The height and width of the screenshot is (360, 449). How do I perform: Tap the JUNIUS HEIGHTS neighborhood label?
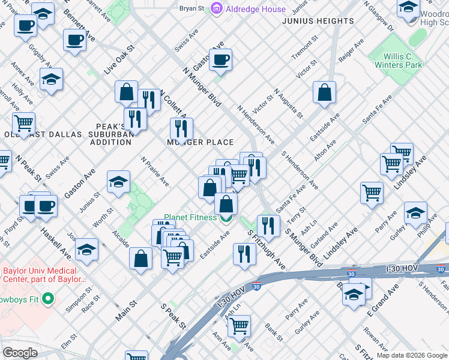(x=318, y=21)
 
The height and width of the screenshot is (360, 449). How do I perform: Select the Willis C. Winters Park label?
(x=395, y=61)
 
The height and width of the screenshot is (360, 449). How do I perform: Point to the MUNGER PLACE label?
(x=200, y=142)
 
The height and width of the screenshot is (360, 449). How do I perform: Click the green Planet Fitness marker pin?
(x=226, y=218)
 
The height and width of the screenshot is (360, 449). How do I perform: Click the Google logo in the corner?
(x=20, y=353)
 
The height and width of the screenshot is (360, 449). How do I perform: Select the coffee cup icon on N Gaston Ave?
(x=220, y=60)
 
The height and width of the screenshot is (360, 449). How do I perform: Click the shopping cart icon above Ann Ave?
(x=239, y=326)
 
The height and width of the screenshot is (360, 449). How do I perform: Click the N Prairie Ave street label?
(x=155, y=172)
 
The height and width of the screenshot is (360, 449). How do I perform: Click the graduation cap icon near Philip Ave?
(x=415, y=214)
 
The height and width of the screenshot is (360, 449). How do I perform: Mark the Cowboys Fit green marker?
(x=48, y=298)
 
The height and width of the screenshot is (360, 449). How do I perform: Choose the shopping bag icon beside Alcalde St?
(x=140, y=259)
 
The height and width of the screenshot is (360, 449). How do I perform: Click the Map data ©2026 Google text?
(x=412, y=355)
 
